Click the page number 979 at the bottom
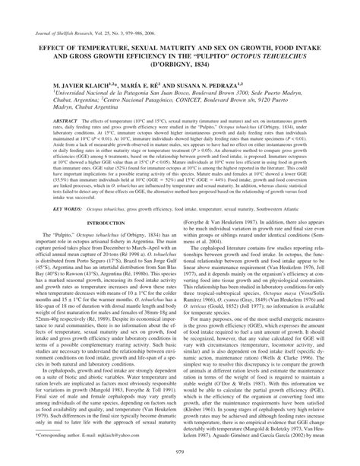point(180,455)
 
